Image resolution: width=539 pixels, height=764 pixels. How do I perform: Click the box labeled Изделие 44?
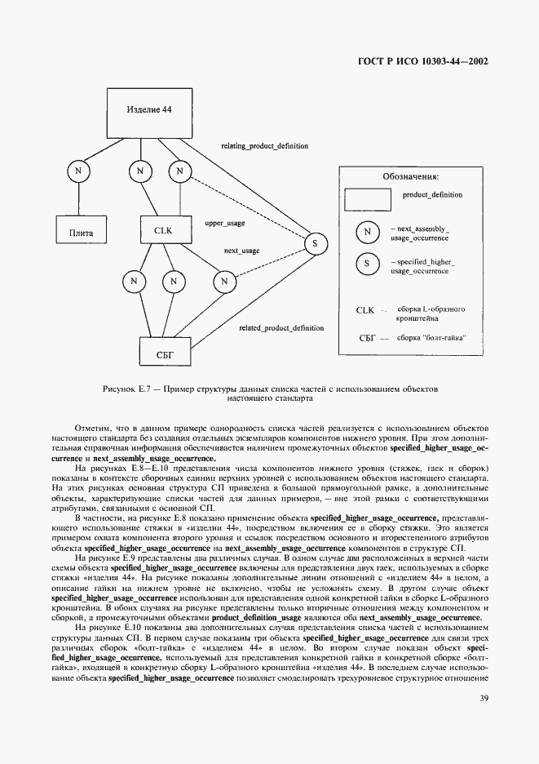click(149, 110)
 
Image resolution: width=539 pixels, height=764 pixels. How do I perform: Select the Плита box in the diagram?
click(77, 231)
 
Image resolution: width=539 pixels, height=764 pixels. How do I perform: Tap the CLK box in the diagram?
click(164, 231)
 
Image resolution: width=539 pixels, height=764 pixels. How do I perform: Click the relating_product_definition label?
click(265, 146)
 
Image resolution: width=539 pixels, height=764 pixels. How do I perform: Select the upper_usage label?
click(224, 222)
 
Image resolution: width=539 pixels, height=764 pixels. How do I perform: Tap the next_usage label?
click(241, 251)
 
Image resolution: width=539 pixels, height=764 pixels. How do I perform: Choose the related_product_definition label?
click(281, 328)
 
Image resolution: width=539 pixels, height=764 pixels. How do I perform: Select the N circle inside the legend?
click(368, 232)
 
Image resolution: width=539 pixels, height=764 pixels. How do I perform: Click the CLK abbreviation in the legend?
click(364, 311)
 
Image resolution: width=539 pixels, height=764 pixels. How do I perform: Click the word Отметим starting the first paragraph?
click(91, 427)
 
